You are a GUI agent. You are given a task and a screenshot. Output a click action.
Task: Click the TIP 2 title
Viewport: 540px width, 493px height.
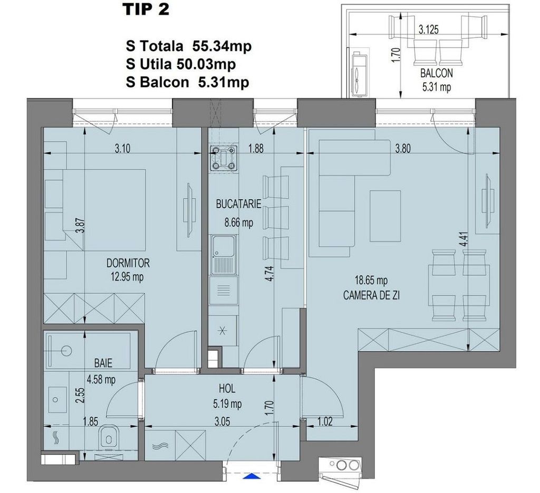pyautogui.click(x=147, y=9)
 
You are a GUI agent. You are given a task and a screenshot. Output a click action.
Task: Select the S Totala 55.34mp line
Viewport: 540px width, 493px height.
pyautogui.click(x=189, y=46)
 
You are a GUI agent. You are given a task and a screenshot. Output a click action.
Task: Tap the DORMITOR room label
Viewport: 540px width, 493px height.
pyautogui.click(x=128, y=263)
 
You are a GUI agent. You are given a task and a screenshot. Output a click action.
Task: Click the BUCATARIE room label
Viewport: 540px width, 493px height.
pyautogui.click(x=238, y=204)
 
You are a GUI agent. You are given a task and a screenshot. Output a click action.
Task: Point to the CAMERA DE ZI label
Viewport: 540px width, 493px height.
pyautogui.click(x=371, y=295)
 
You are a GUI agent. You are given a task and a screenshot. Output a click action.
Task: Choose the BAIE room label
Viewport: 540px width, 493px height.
pyautogui.click(x=103, y=363)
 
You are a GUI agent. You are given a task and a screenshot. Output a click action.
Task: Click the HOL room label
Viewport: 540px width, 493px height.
pyautogui.click(x=227, y=389)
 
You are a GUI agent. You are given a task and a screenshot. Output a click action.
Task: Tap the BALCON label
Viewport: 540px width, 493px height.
pyautogui.click(x=436, y=73)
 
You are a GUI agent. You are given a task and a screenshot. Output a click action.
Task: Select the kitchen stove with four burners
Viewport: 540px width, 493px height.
pyautogui.click(x=224, y=159)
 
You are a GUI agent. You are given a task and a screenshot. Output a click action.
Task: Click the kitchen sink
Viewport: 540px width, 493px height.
pyautogui.click(x=224, y=255)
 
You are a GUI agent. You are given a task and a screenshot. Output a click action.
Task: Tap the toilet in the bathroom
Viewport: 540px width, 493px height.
pyautogui.click(x=108, y=438)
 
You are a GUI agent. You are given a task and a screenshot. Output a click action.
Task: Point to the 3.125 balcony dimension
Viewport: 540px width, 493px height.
pyautogui.click(x=428, y=30)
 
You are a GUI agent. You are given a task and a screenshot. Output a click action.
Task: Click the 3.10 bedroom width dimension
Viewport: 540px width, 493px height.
pyautogui.click(x=122, y=149)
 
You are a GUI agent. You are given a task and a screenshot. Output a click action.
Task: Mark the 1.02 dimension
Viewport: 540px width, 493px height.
pyautogui.click(x=324, y=421)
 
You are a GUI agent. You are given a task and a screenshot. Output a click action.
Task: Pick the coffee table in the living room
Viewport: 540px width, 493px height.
pyautogui.click(x=385, y=216)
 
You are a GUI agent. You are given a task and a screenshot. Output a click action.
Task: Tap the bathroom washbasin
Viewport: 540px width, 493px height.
pyautogui.click(x=57, y=400)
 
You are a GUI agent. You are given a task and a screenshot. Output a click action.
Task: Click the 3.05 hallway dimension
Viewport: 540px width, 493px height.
pyautogui.click(x=222, y=421)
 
